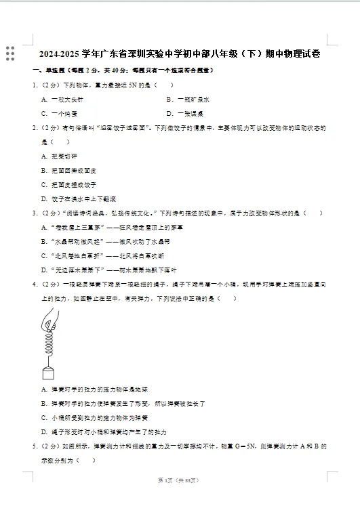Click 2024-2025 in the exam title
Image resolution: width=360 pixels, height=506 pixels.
[x=60, y=54]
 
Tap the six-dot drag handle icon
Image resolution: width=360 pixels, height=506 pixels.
[x=9, y=54]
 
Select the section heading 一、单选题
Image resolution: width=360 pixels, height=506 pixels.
[x=48, y=70]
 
